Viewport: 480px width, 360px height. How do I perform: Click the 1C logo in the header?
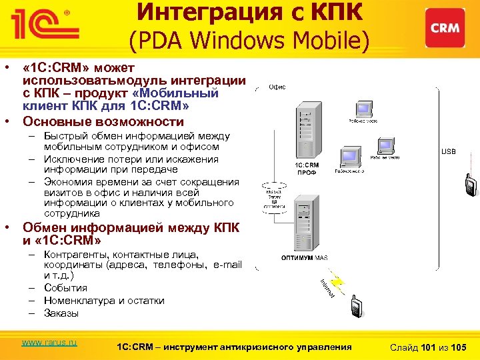coord(43,25)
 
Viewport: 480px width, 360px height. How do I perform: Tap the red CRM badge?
coord(444,28)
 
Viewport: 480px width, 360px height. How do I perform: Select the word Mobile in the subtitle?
coord(331,41)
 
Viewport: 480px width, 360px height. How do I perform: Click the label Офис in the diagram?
coord(277,87)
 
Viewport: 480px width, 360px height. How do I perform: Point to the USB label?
coord(449,151)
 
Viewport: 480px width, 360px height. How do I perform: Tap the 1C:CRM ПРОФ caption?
coord(307,167)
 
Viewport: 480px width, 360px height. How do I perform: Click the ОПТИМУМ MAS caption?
coord(304,257)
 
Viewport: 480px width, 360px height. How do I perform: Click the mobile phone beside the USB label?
coord(471,184)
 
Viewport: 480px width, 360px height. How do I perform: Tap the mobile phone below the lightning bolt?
coord(356,307)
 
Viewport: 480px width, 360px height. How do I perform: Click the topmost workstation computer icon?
coord(363,109)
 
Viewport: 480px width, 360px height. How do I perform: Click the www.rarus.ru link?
coord(49,343)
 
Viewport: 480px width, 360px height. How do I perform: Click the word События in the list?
coord(65,288)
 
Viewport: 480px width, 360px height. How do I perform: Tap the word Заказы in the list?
coord(61,313)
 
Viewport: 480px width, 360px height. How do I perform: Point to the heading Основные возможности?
coord(103,122)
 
